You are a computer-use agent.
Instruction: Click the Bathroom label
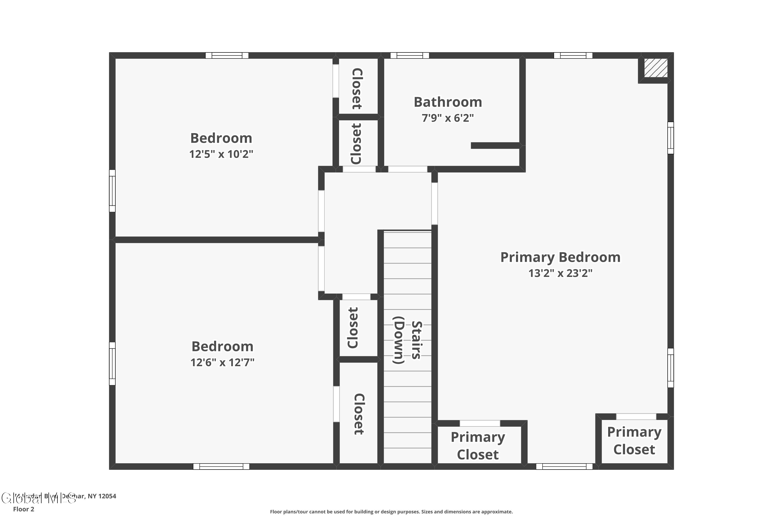[x=448, y=102]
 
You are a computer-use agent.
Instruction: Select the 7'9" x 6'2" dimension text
[x=448, y=118]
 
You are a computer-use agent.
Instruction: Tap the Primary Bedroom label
[x=560, y=257]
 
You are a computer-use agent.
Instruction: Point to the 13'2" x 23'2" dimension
[x=560, y=273]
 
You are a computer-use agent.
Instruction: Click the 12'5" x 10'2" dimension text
[x=221, y=154]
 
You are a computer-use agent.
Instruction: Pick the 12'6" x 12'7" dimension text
[x=222, y=362]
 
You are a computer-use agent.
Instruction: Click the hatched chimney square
[x=655, y=68]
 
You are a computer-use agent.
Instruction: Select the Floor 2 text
[x=24, y=509]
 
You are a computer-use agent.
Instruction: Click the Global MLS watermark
[x=38, y=498]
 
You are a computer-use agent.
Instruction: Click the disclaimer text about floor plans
[x=391, y=512]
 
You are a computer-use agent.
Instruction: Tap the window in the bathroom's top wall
[x=410, y=56]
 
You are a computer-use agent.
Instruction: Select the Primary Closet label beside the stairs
[x=478, y=446]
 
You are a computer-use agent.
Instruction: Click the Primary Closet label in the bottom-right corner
[x=634, y=441]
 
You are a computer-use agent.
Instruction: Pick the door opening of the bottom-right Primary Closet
[x=636, y=417]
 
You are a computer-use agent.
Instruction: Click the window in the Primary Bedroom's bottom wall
[x=564, y=466]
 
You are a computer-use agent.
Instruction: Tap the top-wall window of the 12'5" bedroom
[x=227, y=56]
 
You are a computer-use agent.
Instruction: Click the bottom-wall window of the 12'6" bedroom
[x=221, y=466]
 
